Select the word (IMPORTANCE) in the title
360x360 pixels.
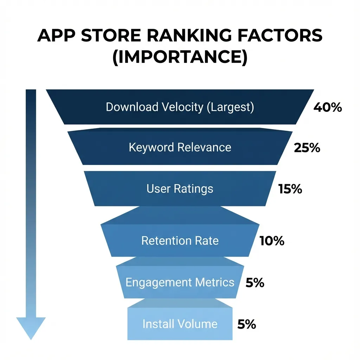180,57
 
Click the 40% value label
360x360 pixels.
327,108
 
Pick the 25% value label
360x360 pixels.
307,148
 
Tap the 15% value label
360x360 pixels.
290,189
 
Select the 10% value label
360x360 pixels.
272,241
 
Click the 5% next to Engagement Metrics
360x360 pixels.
255,283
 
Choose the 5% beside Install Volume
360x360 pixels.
246,324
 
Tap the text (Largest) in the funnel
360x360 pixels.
230,107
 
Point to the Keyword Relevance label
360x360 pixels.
180,147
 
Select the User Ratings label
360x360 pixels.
180,189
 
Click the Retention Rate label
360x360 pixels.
180,241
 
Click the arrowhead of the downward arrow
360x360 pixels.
31,327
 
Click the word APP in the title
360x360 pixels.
55,37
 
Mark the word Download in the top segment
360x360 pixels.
132,107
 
